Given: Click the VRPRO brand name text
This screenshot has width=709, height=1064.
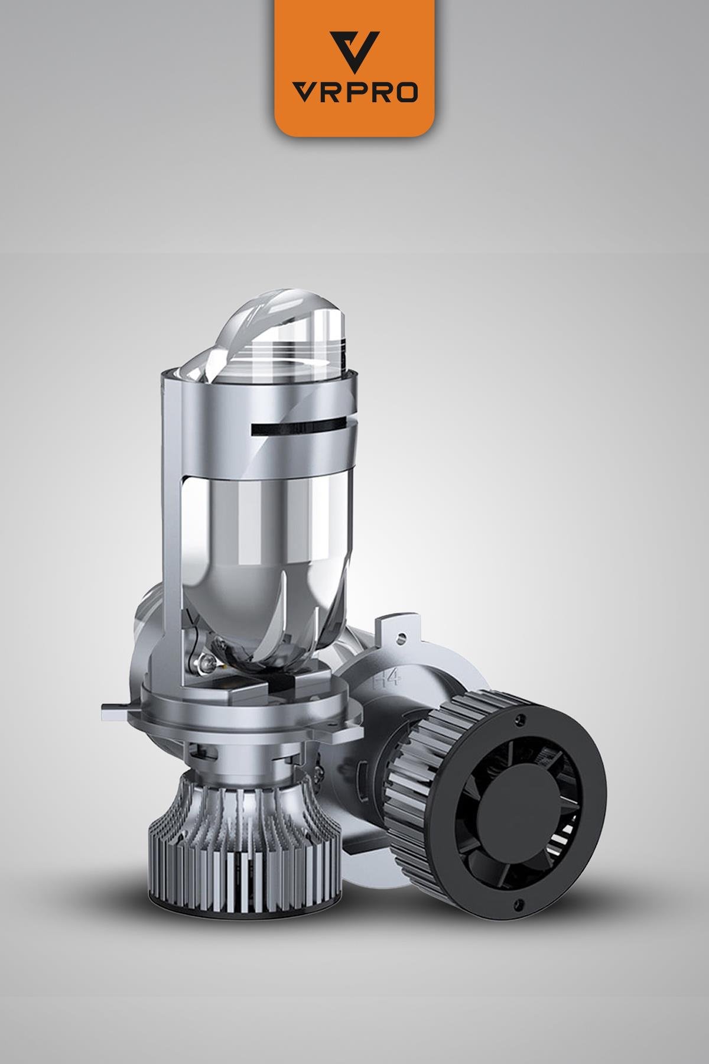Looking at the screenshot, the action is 356,93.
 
